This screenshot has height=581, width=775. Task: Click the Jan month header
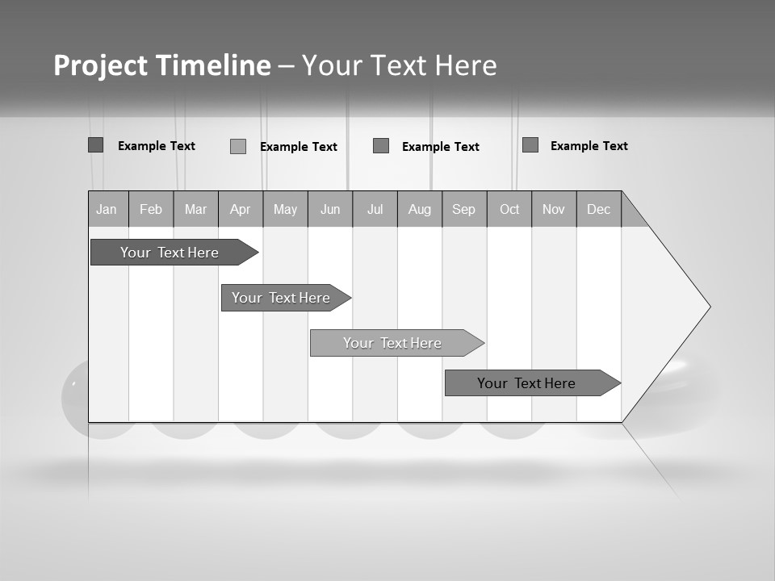107,210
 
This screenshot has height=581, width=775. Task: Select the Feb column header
151,210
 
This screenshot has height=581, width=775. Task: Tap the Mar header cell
195,210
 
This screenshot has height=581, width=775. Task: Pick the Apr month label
240,210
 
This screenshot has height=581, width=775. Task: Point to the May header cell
285,210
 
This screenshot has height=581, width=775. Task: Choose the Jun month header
330,210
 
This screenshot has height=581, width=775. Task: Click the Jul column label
375,210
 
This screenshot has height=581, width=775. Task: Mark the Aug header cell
420,210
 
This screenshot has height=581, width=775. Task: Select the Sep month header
463,210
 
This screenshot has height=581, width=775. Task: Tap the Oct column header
509,210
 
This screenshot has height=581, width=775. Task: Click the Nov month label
554,210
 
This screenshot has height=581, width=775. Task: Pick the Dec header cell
598,210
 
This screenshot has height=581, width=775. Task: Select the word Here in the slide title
466,65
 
